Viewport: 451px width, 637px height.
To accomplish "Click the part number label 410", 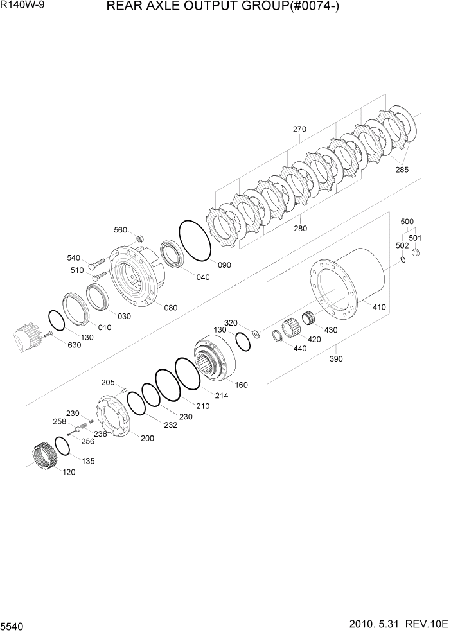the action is pyautogui.click(x=379, y=308).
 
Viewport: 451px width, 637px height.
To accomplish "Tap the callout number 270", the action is pyautogui.click(x=300, y=129).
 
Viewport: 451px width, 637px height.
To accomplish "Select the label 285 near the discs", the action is pyautogui.click(x=402, y=170).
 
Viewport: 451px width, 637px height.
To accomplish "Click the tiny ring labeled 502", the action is pyautogui.click(x=402, y=260).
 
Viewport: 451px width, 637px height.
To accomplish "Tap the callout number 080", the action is pyautogui.click(x=170, y=308).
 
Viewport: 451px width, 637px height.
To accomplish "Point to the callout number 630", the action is pyautogui.click(x=74, y=345).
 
